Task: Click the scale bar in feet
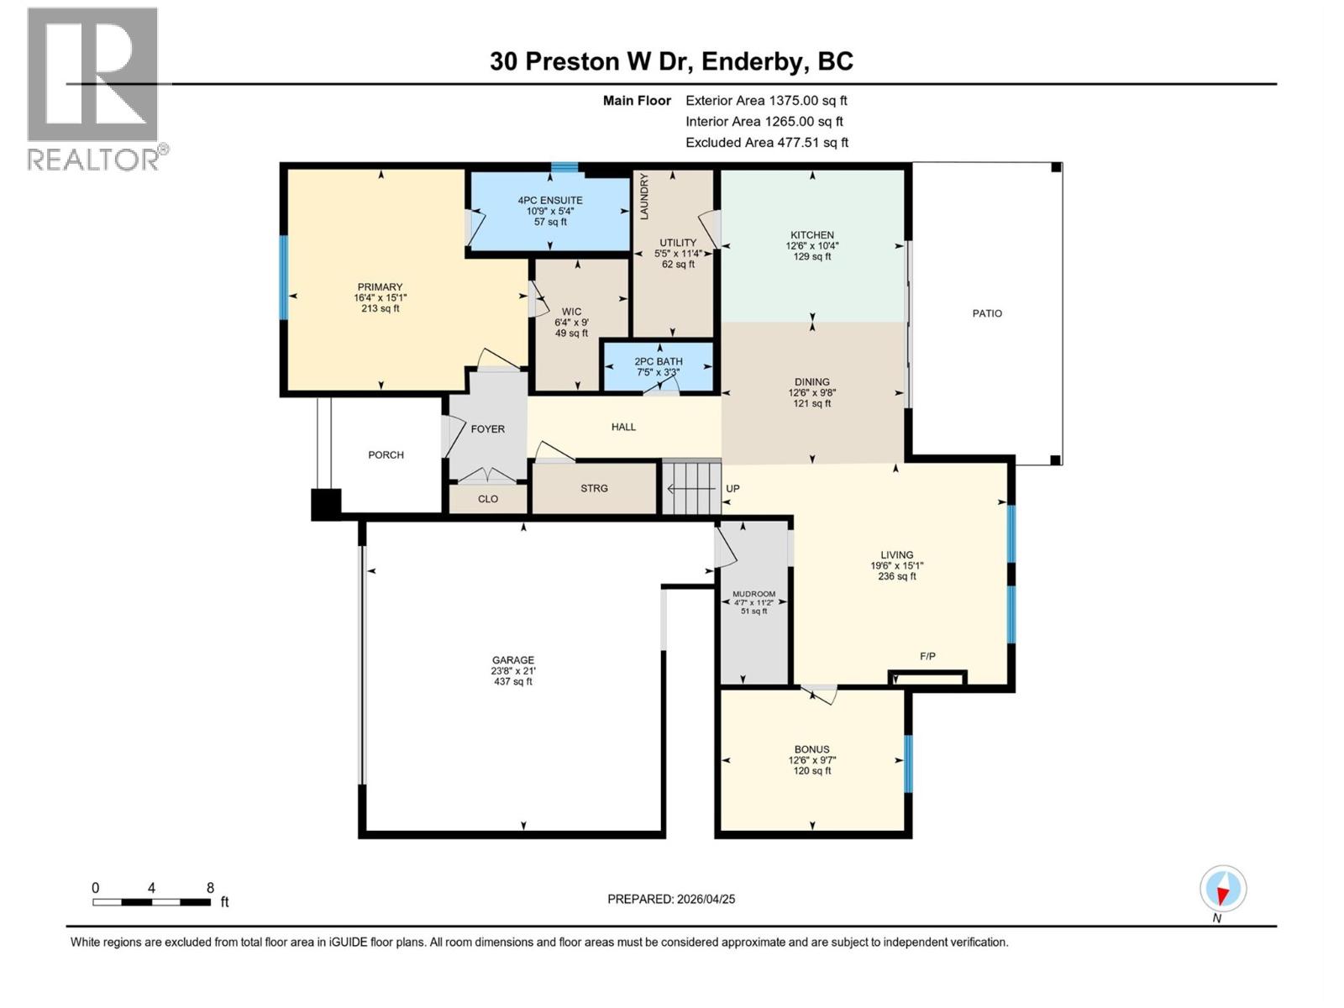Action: pos(152,902)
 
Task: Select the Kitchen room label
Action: pos(811,235)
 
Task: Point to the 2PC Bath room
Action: pos(659,366)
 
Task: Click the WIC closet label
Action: pos(571,312)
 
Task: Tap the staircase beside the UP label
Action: pos(691,488)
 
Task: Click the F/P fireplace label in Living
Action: pos(927,656)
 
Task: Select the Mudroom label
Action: pos(753,594)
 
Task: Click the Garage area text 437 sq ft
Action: pos(513,681)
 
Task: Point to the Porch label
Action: pos(386,454)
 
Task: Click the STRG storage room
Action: pos(594,488)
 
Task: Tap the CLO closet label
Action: pos(488,499)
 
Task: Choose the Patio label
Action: pos(987,313)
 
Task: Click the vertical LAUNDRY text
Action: pos(644,197)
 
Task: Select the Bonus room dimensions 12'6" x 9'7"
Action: pos(811,760)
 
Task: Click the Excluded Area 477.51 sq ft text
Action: pos(766,143)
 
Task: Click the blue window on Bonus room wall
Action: pos(907,764)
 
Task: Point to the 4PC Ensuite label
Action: pos(550,200)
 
